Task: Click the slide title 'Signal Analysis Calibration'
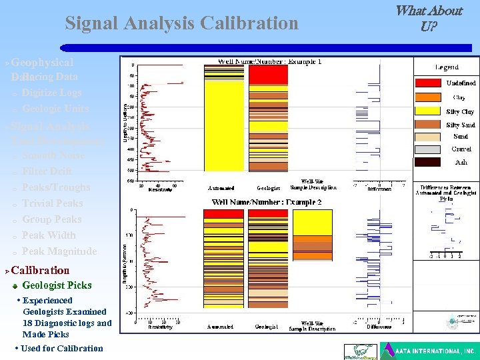pos(181,23)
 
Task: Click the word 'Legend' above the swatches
pos(447,67)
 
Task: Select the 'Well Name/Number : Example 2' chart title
pos(267,202)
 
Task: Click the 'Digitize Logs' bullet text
pos(51,93)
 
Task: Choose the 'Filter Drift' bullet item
pos(47,171)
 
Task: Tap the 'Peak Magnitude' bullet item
pos(59,251)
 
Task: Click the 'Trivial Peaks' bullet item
pos(52,203)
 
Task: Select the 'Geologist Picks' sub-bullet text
pos(57,285)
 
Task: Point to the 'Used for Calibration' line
pos(61,348)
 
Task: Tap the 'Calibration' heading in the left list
pos(40,270)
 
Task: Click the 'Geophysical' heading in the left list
pos(42,62)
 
